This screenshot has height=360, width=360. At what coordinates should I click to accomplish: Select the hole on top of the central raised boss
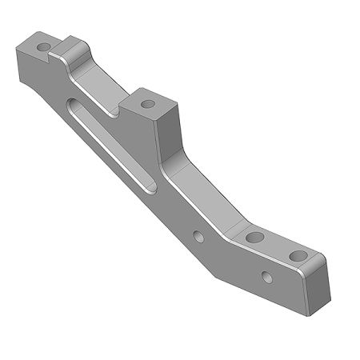148,102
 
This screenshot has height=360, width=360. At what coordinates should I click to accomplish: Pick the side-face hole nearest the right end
266,278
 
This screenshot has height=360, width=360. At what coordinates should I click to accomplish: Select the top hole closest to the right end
298,256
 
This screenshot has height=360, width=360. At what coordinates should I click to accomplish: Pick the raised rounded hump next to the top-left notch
74,46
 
